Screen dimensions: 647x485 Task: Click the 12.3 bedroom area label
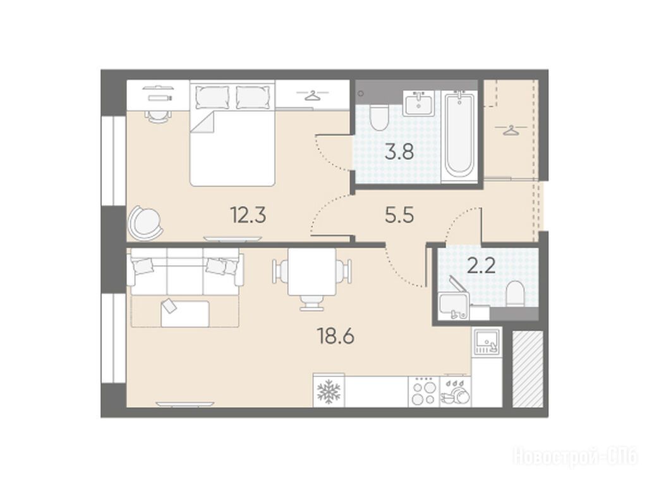pos(248,215)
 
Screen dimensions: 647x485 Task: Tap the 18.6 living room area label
pos(336,337)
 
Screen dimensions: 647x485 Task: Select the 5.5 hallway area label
pos(399,215)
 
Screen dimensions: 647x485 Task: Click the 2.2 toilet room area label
pos(481,267)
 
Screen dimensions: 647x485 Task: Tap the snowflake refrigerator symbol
pos(329,392)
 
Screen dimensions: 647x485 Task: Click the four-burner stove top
pos(424,392)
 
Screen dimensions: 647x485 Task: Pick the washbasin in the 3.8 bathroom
pos(419,103)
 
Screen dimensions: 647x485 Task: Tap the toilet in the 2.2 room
pos(515,294)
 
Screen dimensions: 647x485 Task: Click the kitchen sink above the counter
pos(487,342)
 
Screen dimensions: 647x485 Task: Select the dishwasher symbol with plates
pos(456,392)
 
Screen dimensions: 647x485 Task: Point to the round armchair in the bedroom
pos(145,223)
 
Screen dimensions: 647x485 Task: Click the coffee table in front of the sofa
pos(185,313)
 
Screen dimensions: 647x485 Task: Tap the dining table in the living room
pos(312,272)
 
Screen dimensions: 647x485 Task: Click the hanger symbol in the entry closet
pos(511,130)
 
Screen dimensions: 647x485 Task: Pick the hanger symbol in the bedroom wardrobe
pos(313,96)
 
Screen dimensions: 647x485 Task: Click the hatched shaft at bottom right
pos(528,369)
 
